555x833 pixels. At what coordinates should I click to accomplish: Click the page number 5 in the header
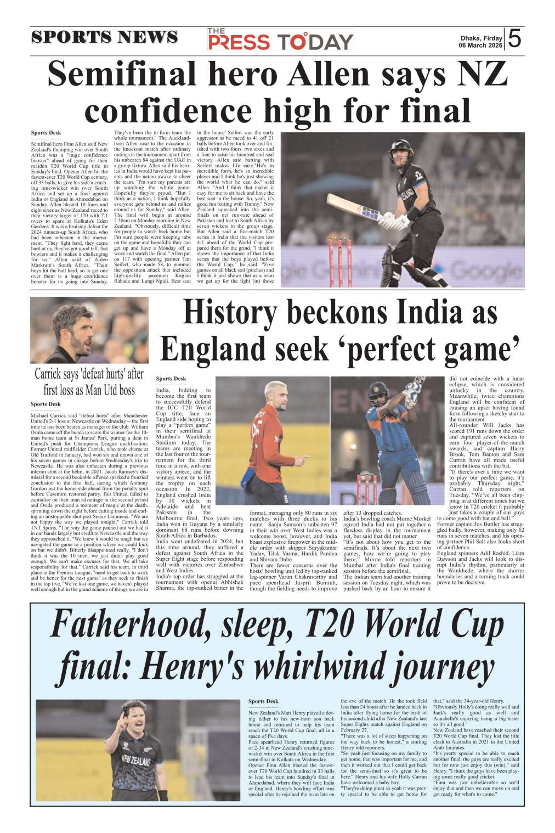pos(514,38)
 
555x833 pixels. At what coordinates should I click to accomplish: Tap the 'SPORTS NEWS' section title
pos(104,37)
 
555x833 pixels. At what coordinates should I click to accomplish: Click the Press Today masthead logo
pos(280,40)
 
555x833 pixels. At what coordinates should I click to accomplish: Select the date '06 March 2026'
pos(480,46)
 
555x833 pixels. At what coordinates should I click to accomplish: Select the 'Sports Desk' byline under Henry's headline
pos(263,701)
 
